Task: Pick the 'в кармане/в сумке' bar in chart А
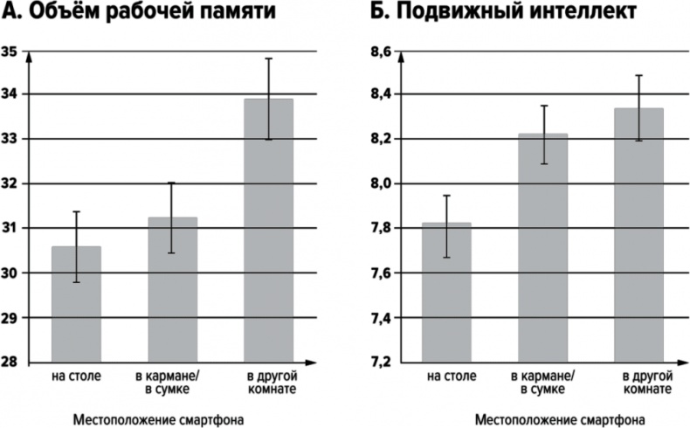(x=172, y=289)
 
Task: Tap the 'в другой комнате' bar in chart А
(x=268, y=231)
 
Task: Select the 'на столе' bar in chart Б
(x=446, y=292)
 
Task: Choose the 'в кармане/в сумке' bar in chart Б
(x=542, y=248)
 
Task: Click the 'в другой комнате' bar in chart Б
(x=639, y=235)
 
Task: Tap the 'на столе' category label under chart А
(x=77, y=376)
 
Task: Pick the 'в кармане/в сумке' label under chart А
(x=173, y=383)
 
